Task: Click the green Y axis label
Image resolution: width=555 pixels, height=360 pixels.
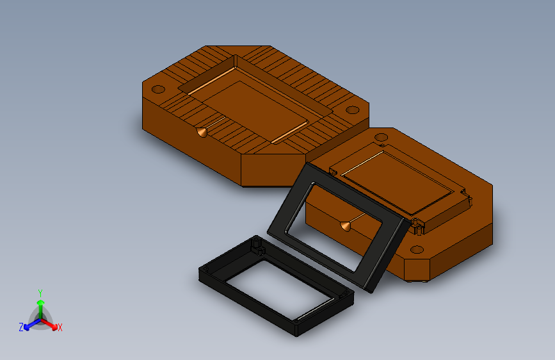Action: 40,293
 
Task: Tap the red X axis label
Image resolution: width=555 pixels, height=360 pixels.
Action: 60,328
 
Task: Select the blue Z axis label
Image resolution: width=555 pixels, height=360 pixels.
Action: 21,327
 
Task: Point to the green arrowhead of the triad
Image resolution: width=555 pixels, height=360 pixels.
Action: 41,302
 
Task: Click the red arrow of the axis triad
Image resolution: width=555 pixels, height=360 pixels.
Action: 49,324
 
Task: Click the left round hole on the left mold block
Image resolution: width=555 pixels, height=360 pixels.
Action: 158,89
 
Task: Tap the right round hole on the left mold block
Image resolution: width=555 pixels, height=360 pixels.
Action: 352,110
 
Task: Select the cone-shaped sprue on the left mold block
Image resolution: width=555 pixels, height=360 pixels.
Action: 202,132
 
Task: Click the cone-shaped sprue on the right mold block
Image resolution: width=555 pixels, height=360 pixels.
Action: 346,226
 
